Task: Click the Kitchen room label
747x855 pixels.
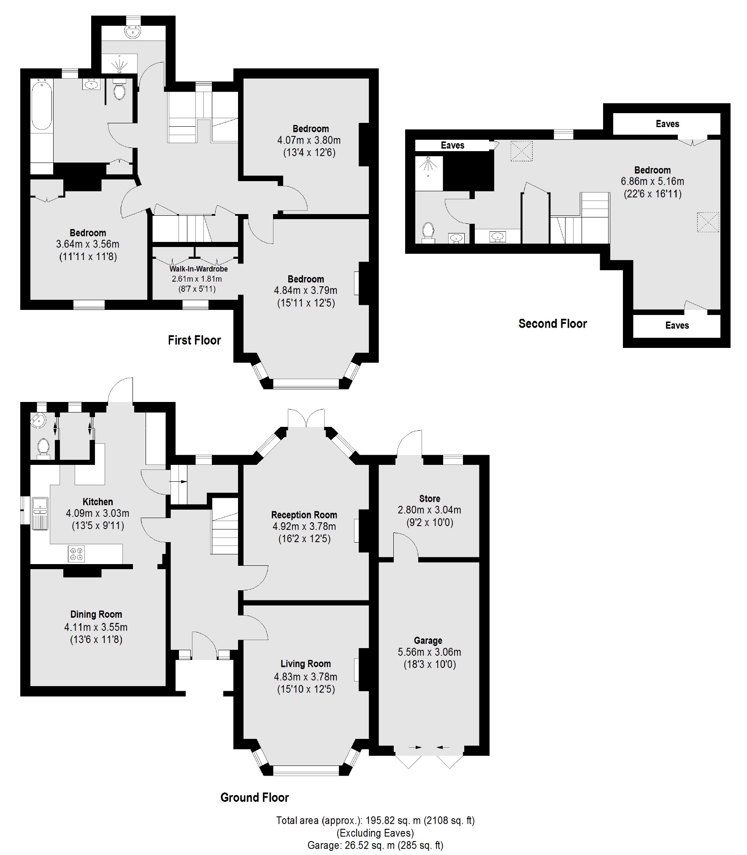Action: (97, 502)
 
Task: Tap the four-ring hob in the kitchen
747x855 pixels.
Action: (76, 554)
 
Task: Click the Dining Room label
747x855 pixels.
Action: (96, 614)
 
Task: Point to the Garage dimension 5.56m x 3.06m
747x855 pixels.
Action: (429, 652)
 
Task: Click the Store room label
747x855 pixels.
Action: (429, 498)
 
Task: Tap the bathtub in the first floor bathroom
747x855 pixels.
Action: (41, 104)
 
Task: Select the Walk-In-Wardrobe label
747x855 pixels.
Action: (198, 269)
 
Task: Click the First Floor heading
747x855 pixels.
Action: (194, 340)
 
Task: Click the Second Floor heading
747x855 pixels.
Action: (552, 324)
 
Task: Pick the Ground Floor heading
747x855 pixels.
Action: (254, 798)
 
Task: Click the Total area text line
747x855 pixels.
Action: (375, 820)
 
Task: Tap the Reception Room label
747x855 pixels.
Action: (304, 515)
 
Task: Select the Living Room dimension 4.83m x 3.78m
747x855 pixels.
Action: (305, 676)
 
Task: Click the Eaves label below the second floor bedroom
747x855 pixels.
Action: (677, 325)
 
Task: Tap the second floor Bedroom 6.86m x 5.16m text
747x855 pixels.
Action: (652, 181)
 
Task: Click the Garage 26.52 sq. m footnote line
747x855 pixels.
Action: (375, 845)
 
